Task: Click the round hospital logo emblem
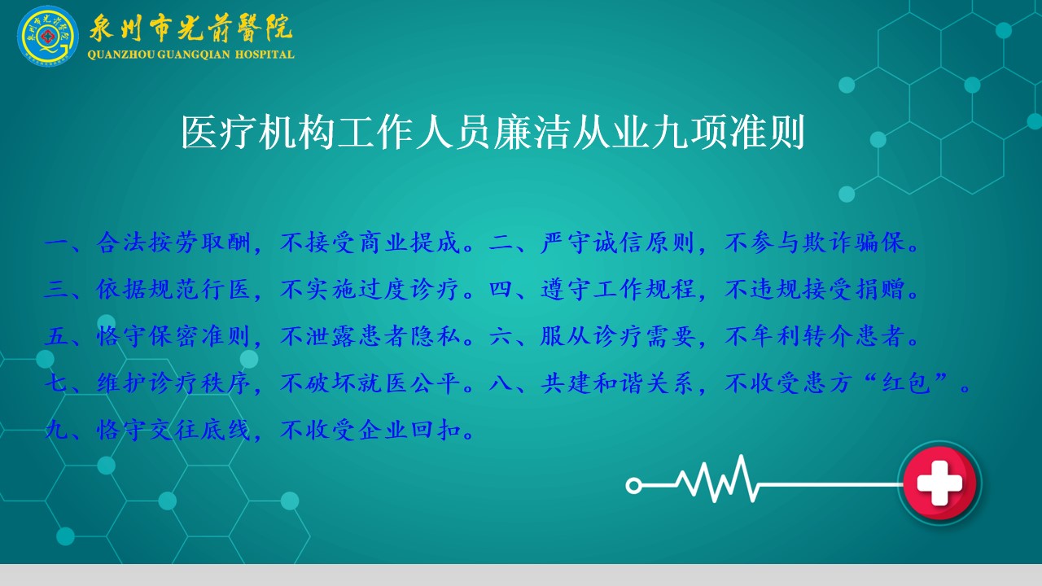coord(48,36)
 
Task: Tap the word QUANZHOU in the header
coord(121,55)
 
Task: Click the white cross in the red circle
coord(939,483)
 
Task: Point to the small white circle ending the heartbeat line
coord(633,486)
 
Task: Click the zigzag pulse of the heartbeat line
coord(717,480)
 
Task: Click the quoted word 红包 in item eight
coord(906,383)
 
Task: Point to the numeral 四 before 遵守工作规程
coord(501,290)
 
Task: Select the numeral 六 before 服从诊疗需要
coord(501,336)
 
